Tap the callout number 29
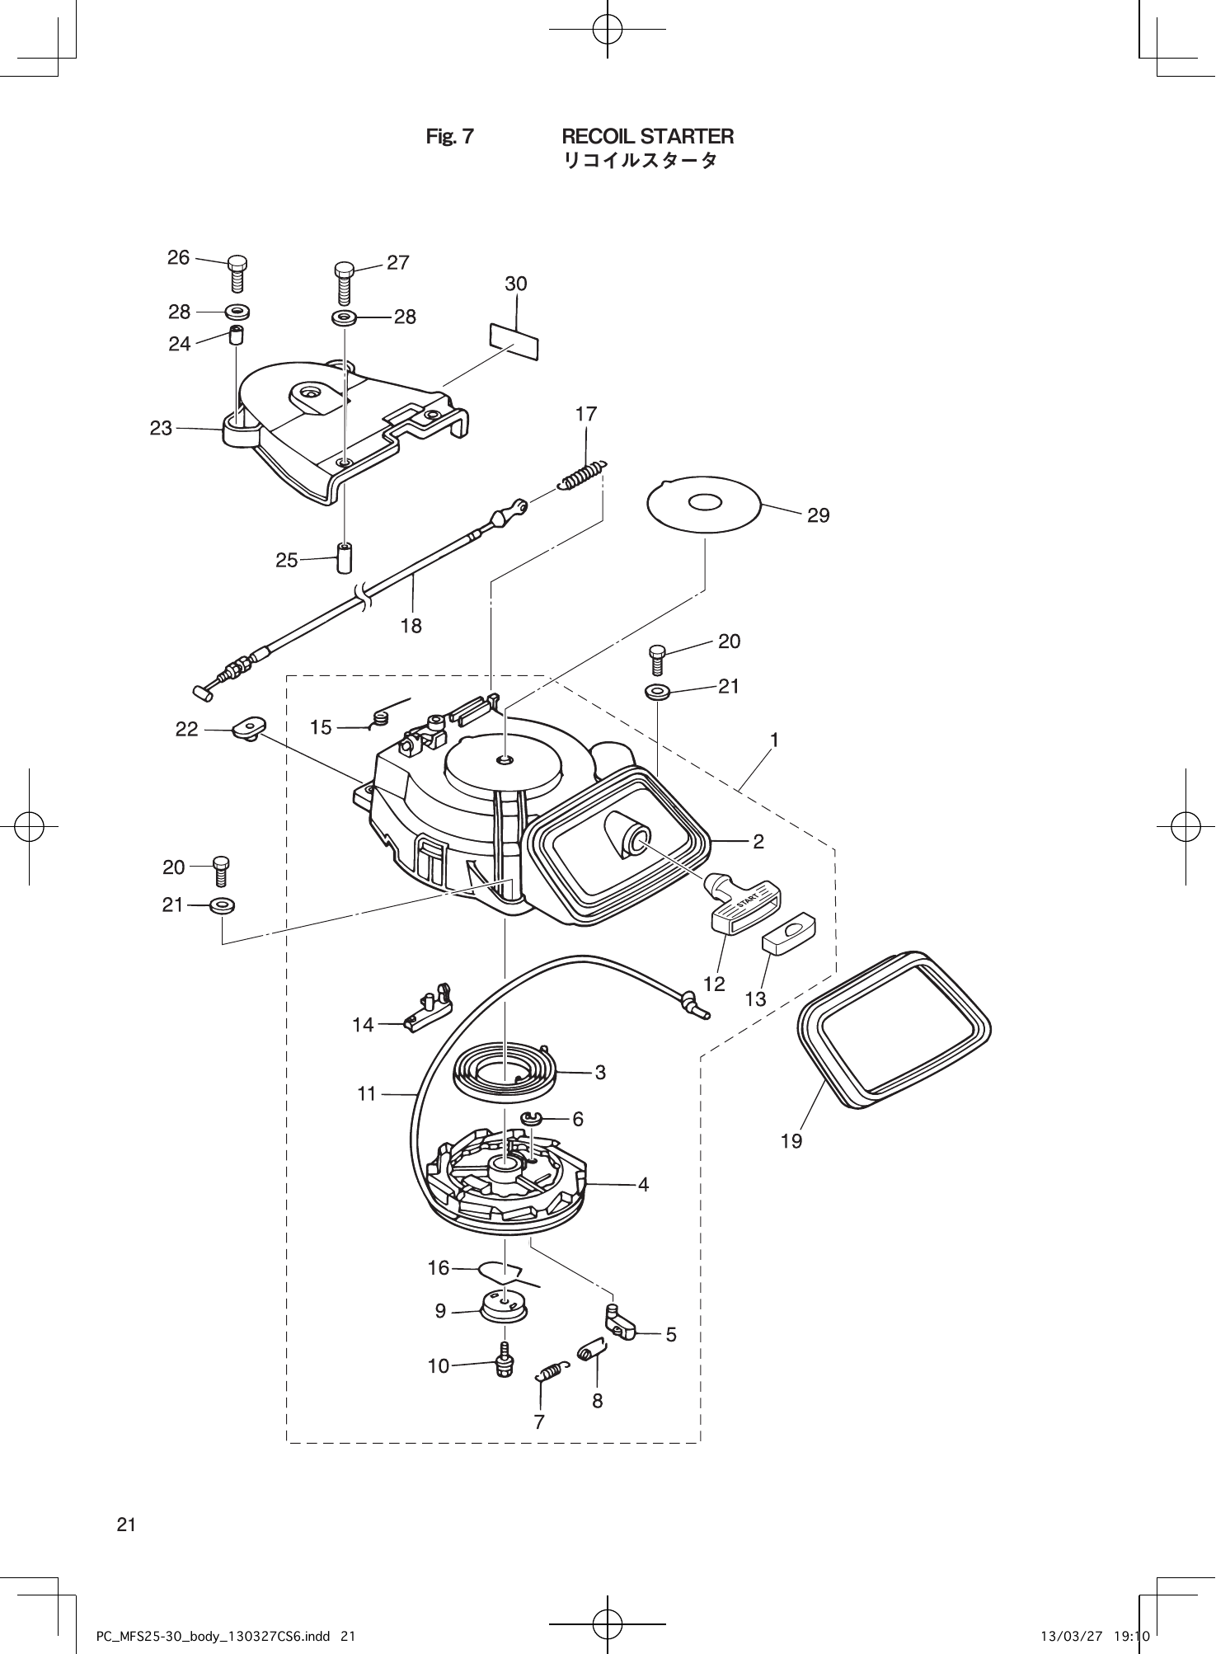(818, 516)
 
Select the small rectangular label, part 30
(514, 341)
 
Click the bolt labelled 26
(237, 274)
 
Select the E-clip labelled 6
(531, 1119)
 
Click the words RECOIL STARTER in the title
(647, 136)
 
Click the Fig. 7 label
(449, 137)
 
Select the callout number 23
(161, 428)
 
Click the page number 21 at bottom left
(126, 1525)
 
